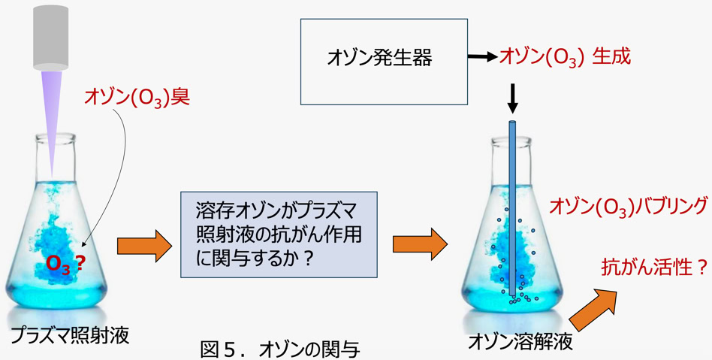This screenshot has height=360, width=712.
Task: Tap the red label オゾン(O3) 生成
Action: [x=565, y=56]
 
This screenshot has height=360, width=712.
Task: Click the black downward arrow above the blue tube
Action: [x=513, y=97]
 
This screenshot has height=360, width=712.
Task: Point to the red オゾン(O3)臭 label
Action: [x=137, y=97]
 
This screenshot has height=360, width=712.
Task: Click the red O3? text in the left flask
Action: [x=64, y=263]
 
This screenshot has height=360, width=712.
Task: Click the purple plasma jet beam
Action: [x=52, y=113]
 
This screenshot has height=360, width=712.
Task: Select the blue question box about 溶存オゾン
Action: [x=279, y=234]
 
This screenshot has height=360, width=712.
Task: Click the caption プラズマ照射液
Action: [x=69, y=335]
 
